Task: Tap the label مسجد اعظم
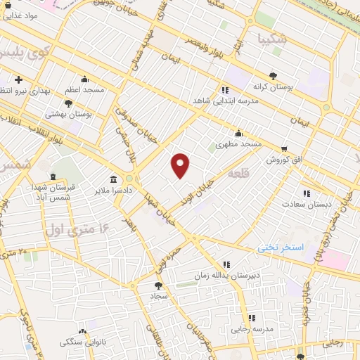tap(85, 90)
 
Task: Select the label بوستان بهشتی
tap(65, 113)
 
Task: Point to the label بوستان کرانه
tap(273, 86)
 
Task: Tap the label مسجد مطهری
tap(238, 143)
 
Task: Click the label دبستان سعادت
tap(306, 204)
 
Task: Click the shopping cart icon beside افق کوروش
tap(284, 149)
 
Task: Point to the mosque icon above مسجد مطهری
tap(239, 133)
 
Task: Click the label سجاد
tap(156, 297)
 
